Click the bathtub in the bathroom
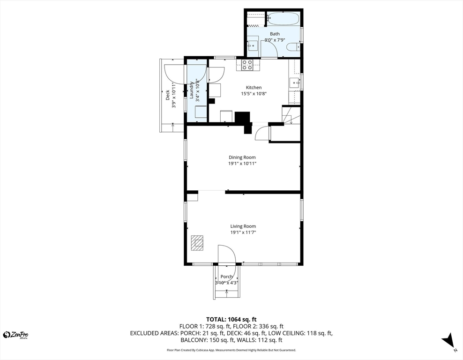point(283,19)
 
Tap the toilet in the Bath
point(293,46)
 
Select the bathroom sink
point(253,45)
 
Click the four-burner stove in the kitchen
point(247,65)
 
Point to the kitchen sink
point(294,83)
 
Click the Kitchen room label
point(254,88)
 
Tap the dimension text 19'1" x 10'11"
point(242,164)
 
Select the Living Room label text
point(243,226)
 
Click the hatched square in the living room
point(197,243)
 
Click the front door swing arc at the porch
point(227,254)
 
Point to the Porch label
point(226,277)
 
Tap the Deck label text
point(168,95)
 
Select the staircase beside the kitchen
point(291,115)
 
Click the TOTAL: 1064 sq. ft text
point(231,319)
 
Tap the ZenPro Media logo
point(16,335)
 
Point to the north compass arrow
point(448,341)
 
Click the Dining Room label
point(242,157)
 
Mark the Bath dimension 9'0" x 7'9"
point(275,40)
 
